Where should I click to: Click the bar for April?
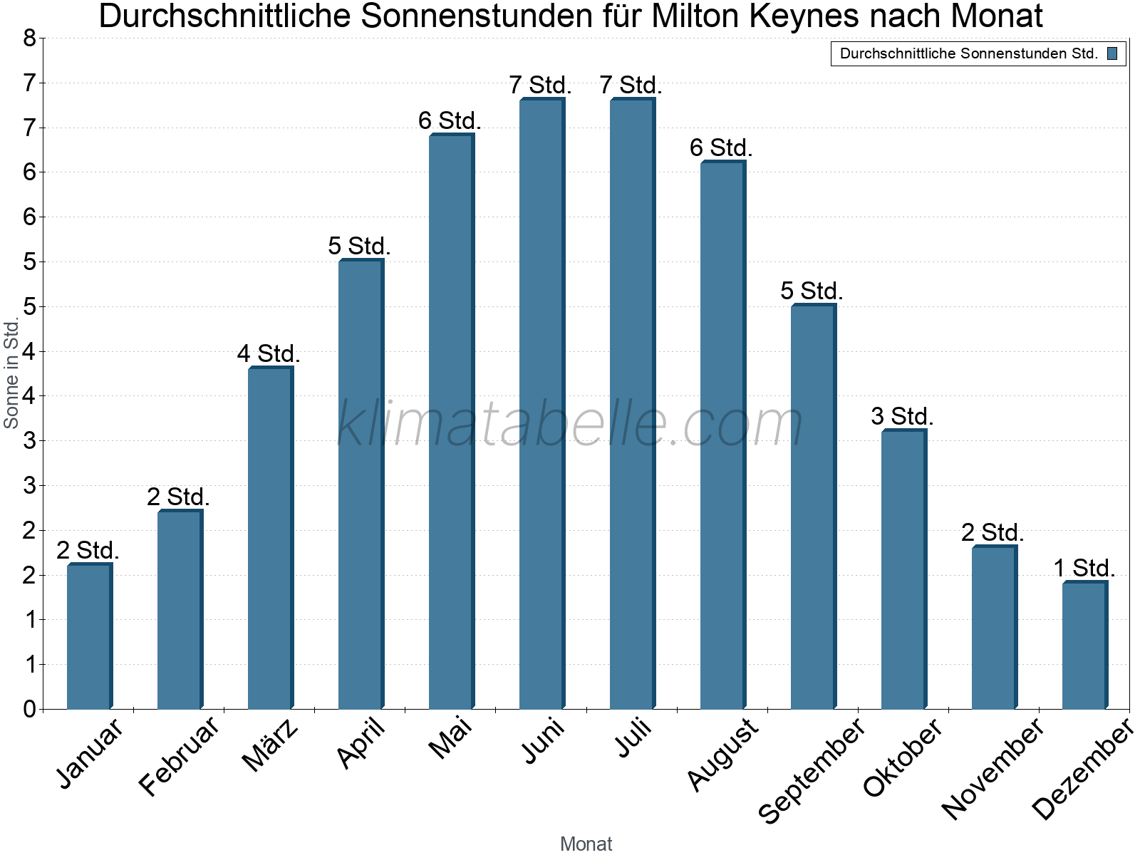click(361, 484)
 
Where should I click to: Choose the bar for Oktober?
click(903, 569)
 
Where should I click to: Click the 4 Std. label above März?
click(269, 353)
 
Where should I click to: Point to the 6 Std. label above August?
click(721, 148)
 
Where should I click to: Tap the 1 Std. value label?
click(1084, 569)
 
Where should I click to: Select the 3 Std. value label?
click(902, 416)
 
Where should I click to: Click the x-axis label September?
click(812, 770)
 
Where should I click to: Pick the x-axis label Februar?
click(180, 756)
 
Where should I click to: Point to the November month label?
click(993, 768)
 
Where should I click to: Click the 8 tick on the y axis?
click(29, 38)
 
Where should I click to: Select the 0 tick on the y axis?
click(29, 709)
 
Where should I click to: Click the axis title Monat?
click(586, 844)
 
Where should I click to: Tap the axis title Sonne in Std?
click(11, 373)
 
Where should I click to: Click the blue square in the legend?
click(1112, 53)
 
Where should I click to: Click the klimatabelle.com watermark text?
click(570, 424)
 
